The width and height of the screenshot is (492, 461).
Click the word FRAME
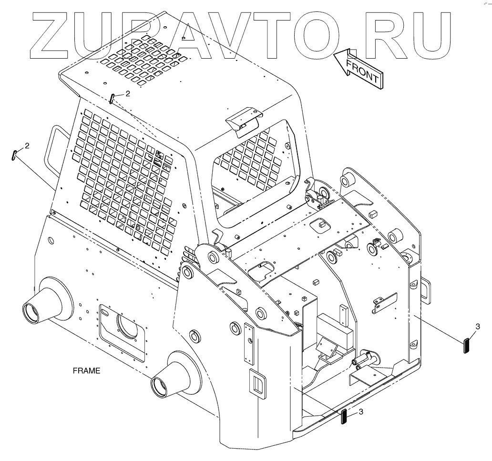pos(86,370)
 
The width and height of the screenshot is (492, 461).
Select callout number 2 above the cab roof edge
pos(127,94)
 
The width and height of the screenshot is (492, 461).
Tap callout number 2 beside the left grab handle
pos(27,145)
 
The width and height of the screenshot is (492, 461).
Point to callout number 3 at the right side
pos(478,327)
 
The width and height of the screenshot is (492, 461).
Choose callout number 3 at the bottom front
pos(361,411)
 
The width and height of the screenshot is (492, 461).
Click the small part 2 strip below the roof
pos(112,99)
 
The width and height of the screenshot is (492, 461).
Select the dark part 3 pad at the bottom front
pos(344,416)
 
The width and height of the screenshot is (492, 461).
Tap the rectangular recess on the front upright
pos(257,384)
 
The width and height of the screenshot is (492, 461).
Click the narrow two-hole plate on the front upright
pos(248,343)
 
